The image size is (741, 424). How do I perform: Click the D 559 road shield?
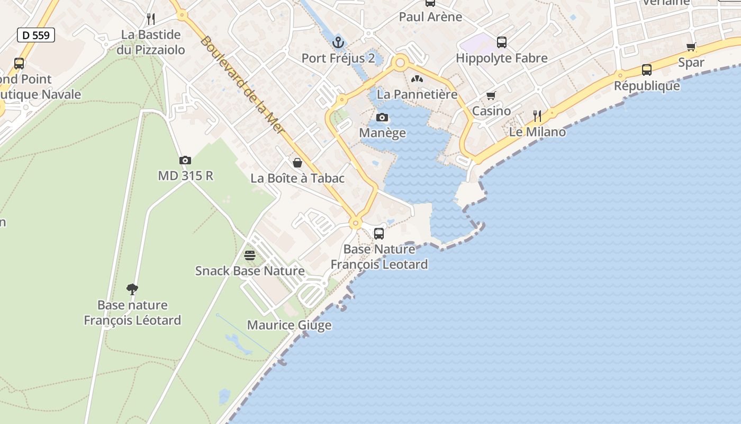[36, 36]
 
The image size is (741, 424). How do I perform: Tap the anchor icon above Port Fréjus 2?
[338, 42]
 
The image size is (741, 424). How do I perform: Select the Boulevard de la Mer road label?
[243, 85]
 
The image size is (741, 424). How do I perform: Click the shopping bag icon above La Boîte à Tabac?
[297, 163]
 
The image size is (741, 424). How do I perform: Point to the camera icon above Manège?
[382, 118]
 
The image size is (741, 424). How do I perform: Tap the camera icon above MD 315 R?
[185, 160]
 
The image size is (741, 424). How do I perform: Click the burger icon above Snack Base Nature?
[250, 255]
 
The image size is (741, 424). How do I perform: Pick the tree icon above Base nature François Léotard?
[132, 289]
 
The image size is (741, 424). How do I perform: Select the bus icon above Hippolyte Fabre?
[501, 42]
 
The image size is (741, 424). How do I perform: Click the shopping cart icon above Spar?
[691, 47]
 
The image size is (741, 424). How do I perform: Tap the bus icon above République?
[646, 70]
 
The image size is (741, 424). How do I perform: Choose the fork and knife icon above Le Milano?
[537, 116]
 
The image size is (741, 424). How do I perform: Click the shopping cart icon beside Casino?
[491, 96]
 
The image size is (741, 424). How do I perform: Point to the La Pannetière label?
[417, 94]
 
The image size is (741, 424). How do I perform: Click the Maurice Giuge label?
[289, 325]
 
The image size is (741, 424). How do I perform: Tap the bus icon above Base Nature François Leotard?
[379, 233]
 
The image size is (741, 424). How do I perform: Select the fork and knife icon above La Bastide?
[151, 19]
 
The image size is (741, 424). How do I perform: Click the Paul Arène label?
[430, 17]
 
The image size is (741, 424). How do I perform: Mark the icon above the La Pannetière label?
[417, 79]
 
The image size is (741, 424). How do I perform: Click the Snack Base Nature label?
[250, 271]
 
